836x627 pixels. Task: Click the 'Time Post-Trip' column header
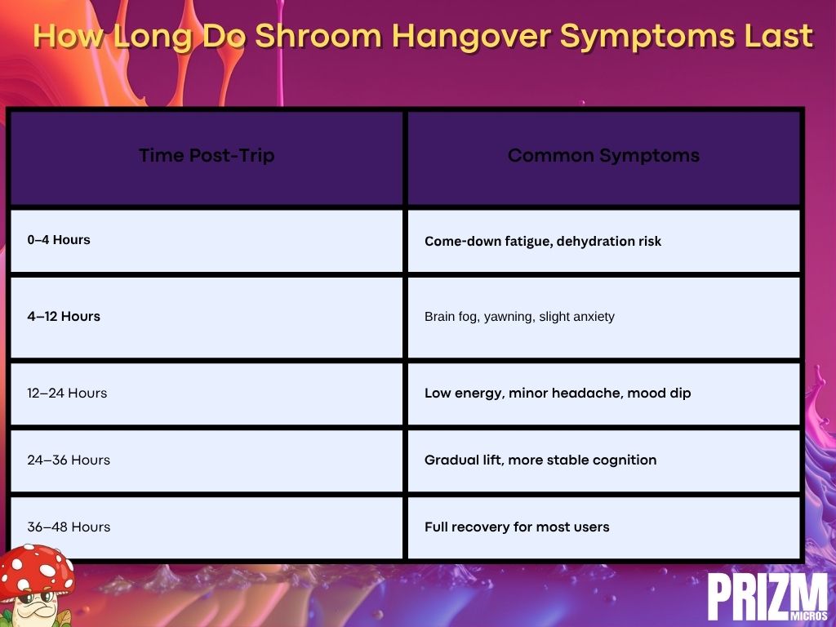[207, 155]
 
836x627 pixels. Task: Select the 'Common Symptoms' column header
[603, 156]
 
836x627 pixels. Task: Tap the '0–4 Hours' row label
[59, 240]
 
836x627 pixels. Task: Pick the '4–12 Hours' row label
[64, 316]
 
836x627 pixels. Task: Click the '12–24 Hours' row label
[67, 393]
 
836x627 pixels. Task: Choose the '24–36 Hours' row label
[69, 460]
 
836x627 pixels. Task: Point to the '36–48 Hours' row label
[69, 527]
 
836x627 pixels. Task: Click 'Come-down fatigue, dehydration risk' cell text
[543, 242]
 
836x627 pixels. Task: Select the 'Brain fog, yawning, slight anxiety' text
[519, 317]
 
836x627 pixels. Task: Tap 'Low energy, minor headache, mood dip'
[558, 394]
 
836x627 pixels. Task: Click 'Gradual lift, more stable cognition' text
[540, 460]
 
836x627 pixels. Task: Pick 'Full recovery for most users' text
[517, 527]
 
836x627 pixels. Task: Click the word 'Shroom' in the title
[318, 36]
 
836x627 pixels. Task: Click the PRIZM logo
[767, 597]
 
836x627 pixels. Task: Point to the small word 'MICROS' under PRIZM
[809, 616]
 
